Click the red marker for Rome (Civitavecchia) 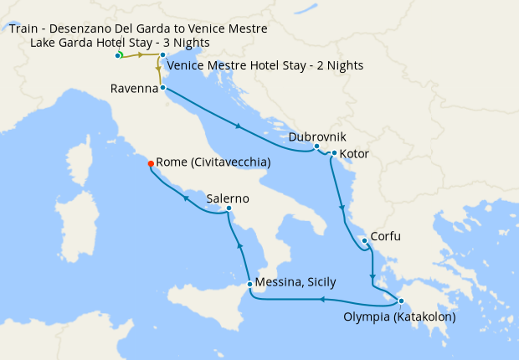click(151, 163)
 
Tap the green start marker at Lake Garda click(118, 55)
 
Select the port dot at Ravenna click(162, 87)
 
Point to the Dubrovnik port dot click(316, 147)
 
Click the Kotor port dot click(333, 153)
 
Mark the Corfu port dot click(364, 241)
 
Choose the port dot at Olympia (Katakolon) click(401, 301)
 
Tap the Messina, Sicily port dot click(250, 285)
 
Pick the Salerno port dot click(229, 208)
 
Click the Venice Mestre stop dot click(162, 55)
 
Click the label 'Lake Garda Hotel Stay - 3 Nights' click(120, 43)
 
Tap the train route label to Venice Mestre click(138, 28)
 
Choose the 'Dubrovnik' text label click(317, 136)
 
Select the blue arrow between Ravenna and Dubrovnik click(239, 126)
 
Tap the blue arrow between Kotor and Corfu click(341, 206)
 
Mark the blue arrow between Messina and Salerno click(240, 244)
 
